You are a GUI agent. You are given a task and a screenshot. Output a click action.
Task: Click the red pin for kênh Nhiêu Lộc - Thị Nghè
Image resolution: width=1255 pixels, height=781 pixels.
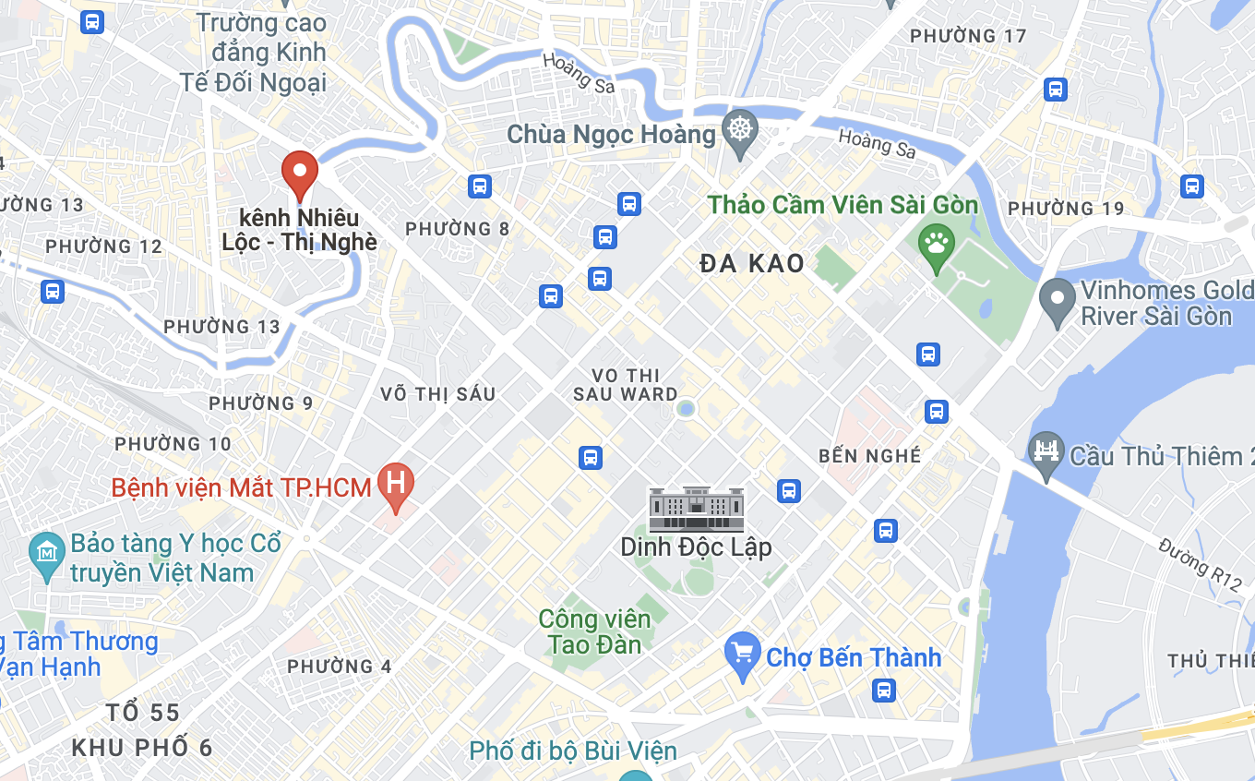click(x=299, y=173)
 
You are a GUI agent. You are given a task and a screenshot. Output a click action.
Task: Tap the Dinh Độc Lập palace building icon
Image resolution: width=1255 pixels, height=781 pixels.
click(x=696, y=511)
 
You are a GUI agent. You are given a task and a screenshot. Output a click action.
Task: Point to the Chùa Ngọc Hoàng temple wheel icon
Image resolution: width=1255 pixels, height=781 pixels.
click(x=739, y=131)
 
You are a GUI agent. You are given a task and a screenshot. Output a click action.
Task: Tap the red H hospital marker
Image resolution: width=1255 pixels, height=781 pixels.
click(x=396, y=484)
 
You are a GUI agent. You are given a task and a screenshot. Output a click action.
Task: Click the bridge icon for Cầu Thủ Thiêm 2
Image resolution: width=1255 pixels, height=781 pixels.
click(x=1046, y=452)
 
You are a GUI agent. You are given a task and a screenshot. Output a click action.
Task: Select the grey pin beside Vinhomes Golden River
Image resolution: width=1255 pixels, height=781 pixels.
click(x=1058, y=301)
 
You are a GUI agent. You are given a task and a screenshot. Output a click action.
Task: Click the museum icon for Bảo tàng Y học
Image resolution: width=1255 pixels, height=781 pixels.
click(x=46, y=556)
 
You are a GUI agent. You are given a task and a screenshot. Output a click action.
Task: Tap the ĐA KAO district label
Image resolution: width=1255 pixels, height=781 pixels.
click(x=752, y=264)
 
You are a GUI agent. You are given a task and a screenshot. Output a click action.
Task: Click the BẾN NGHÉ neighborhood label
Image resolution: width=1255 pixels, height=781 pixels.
click(x=869, y=456)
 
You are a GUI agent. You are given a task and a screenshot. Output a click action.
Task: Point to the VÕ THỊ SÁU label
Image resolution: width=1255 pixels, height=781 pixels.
click(x=437, y=394)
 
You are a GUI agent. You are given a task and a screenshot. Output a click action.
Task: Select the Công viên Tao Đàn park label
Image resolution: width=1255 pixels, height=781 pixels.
click(x=594, y=631)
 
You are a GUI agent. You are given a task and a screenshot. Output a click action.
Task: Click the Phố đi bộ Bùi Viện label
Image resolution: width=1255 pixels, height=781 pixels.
click(x=573, y=751)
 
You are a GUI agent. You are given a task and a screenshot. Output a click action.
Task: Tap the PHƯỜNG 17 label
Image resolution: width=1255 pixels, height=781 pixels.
click(x=967, y=36)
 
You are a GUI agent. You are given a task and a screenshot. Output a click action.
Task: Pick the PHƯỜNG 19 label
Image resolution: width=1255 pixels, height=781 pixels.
click(x=1066, y=209)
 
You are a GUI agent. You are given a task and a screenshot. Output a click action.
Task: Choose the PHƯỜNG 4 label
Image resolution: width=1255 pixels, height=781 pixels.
click(x=339, y=667)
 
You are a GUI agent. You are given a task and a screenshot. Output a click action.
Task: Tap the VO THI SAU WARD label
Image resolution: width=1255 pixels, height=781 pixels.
click(x=625, y=385)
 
